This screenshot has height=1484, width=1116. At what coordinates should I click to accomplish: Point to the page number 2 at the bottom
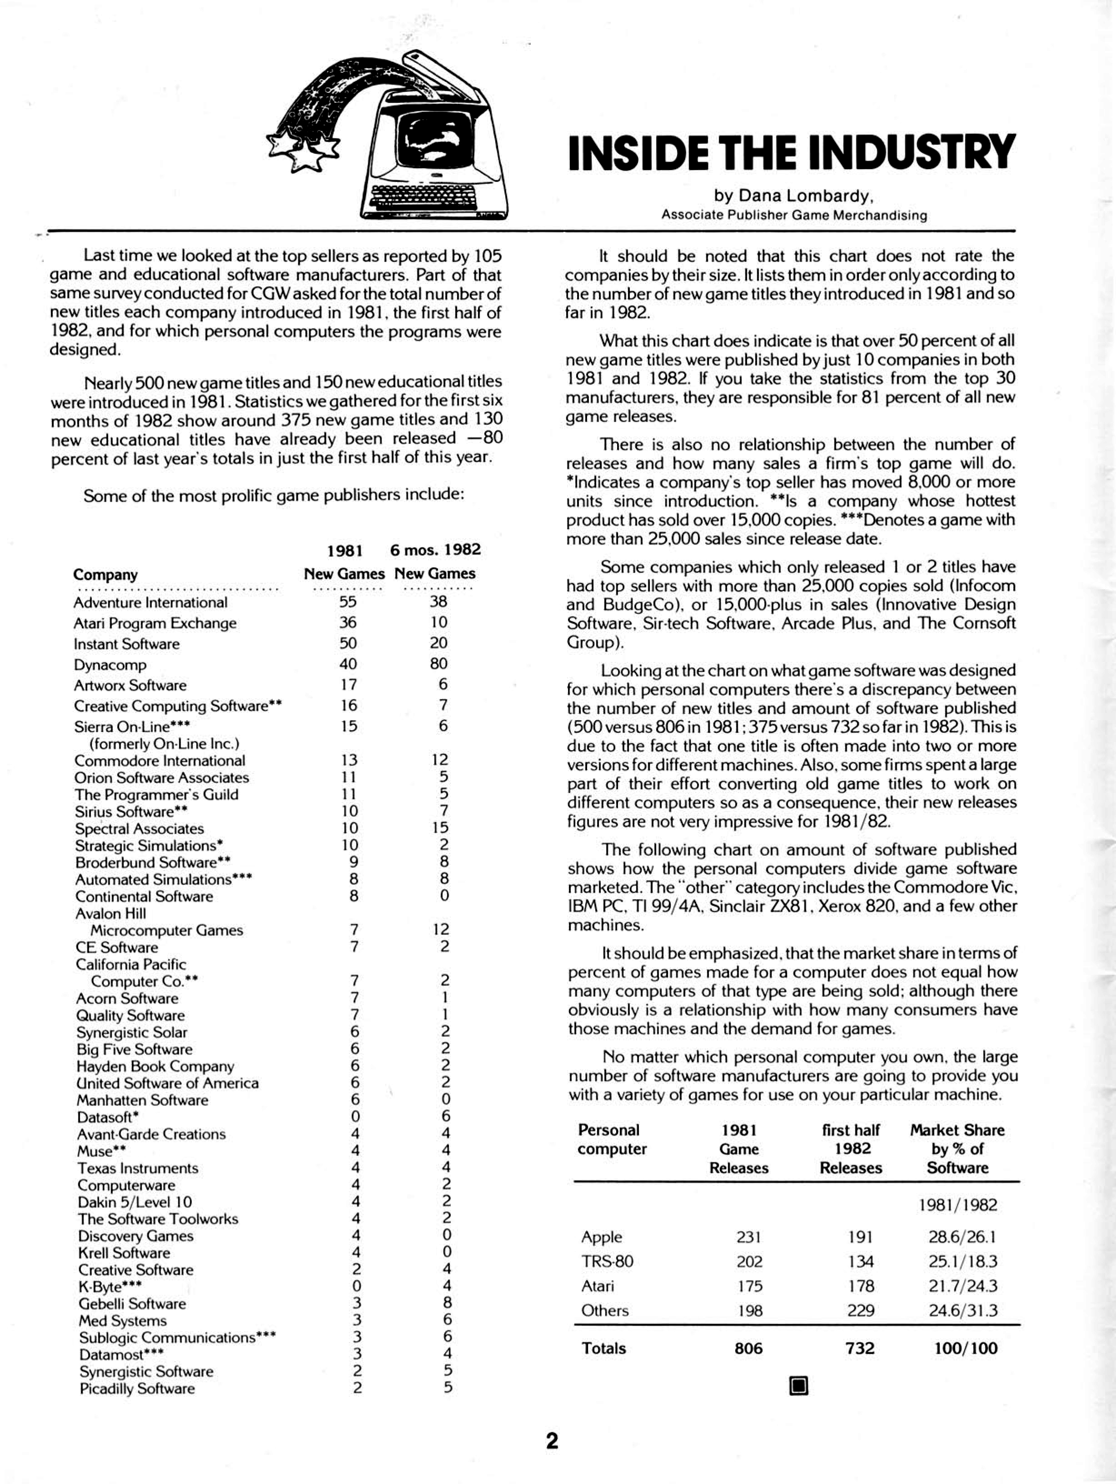point(552,1440)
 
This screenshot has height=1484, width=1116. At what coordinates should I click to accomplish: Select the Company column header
point(106,575)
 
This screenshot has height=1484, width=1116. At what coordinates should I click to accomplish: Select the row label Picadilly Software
point(137,1389)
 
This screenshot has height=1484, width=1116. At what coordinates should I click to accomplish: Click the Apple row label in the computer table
point(602,1237)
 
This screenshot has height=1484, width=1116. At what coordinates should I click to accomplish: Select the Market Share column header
point(957,1149)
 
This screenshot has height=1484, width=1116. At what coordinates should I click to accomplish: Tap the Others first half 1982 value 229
point(860,1310)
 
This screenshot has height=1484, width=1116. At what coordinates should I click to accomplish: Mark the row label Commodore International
point(160,760)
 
